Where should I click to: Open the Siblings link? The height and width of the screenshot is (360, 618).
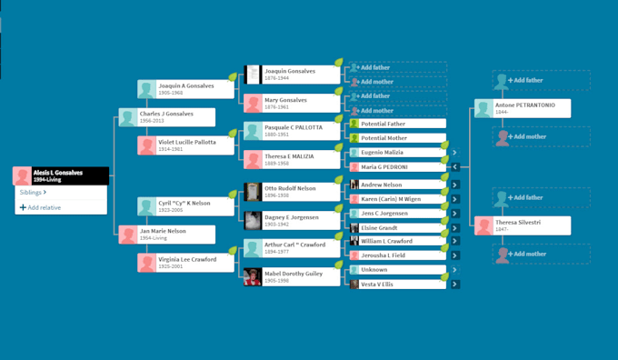point(32,193)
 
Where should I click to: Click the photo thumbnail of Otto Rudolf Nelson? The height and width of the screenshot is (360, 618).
point(254,192)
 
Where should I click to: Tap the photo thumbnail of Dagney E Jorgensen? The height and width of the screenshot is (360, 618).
point(254,220)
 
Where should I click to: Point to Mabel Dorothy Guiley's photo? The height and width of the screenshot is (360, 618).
point(254,276)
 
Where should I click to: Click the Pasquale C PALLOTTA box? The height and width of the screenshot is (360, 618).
point(292,131)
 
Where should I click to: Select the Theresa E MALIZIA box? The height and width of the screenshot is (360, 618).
point(292,159)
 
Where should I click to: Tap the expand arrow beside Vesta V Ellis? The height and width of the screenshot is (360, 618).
point(454,285)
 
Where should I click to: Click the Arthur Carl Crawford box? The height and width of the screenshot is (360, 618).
point(292,248)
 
